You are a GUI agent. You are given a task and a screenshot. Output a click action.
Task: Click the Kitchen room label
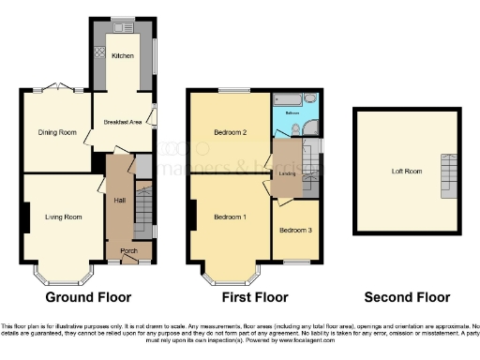pos(124,56)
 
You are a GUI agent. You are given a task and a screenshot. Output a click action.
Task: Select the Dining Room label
pos(56,132)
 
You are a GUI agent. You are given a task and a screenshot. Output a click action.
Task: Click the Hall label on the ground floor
pos(120,200)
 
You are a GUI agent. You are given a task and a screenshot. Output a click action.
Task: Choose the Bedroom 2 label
pos(230,132)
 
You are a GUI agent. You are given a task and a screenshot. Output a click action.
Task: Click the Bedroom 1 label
pos(230,217)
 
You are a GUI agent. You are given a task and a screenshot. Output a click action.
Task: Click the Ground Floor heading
pos(96,297)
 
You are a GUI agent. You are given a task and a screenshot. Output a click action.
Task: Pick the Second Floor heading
pos(407,297)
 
